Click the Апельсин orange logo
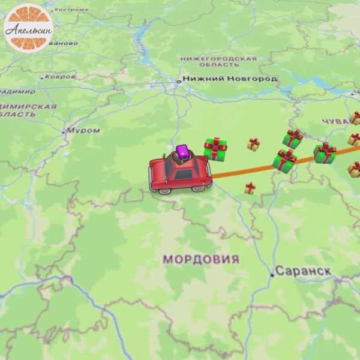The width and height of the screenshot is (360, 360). click(x=26, y=27)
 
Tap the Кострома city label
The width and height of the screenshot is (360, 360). click(x=70, y=10)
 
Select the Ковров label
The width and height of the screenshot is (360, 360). click(x=60, y=77)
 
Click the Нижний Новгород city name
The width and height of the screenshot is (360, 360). click(x=230, y=79)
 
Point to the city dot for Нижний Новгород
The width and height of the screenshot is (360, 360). click(x=178, y=81)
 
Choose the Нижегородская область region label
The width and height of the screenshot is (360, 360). click(x=218, y=61)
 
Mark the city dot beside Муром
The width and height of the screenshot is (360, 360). click(x=64, y=131)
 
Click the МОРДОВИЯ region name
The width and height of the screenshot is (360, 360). click(x=201, y=260)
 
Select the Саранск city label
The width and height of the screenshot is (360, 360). click(x=304, y=271)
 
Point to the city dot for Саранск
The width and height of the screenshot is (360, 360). click(x=272, y=275)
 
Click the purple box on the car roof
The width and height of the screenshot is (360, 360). click(x=182, y=151)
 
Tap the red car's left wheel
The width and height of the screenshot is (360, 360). click(x=163, y=189)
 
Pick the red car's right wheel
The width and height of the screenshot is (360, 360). click(x=197, y=188)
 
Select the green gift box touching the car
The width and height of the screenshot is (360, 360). click(x=215, y=149)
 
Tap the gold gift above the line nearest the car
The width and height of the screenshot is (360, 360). click(x=254, y=144)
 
